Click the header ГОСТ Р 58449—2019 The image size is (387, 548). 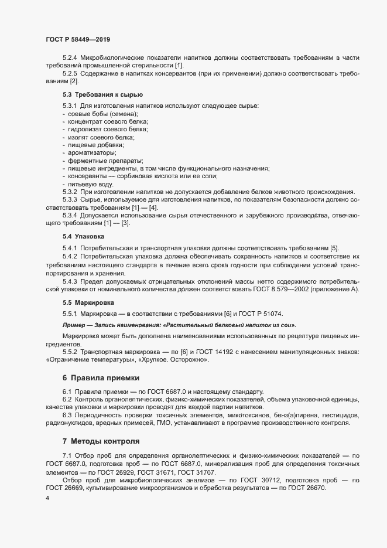78,39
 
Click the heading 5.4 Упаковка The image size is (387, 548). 83,236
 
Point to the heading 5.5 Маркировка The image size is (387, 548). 88,302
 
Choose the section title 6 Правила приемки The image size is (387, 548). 101,377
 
